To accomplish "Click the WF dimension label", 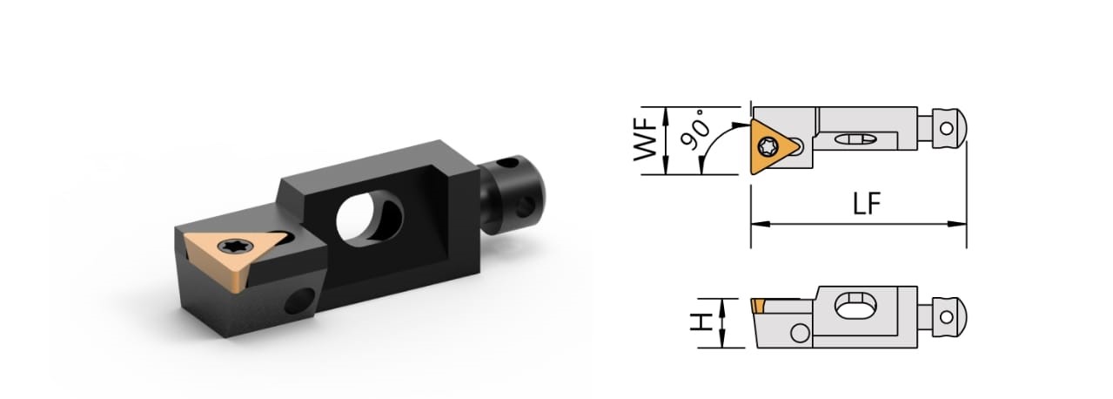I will [x=646, y=141].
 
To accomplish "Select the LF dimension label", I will [x=867, y=204].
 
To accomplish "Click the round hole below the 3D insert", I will [x=300, y=301].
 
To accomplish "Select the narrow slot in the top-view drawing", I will [x=853, y=139].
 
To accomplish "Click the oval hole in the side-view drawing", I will [x=852, y=307].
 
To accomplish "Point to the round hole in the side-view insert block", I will [x=800, y=333].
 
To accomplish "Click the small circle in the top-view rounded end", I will [x=947, y=127].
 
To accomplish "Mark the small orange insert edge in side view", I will [x=758, y=304].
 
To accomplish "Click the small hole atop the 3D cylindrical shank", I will [x=503, y=162].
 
